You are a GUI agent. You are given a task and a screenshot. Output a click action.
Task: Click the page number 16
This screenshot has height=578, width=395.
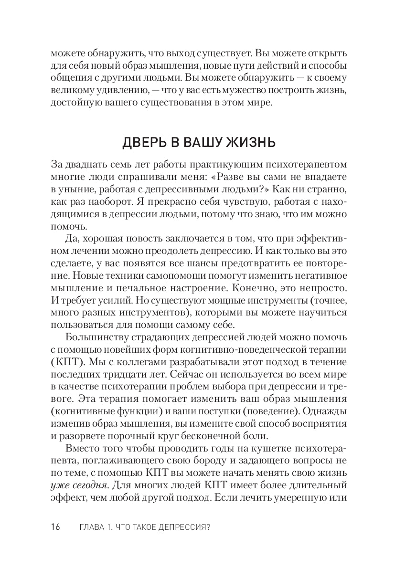[55, 527]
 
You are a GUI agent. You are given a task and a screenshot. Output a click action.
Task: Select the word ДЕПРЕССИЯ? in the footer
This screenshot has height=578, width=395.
[183, 527]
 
